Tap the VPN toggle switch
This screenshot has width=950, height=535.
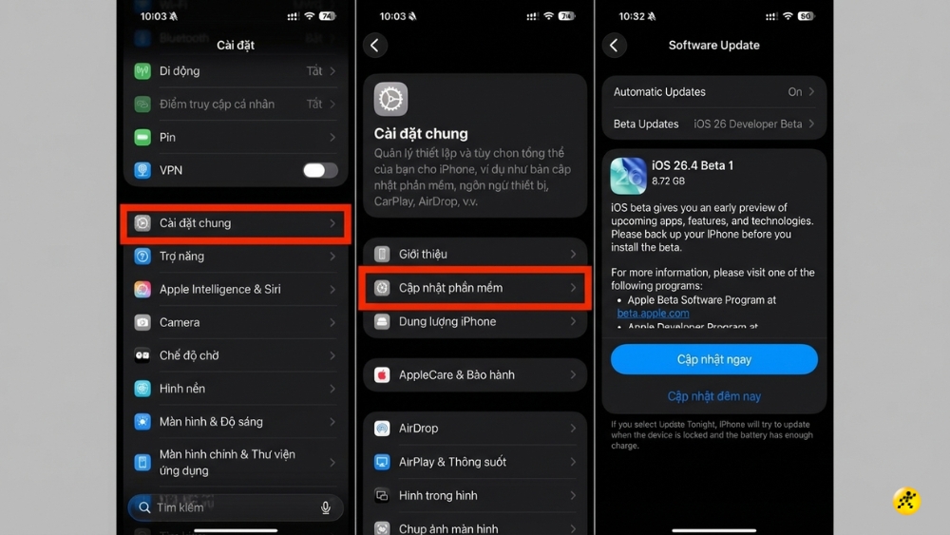pyautogui.click(x=320, y=170)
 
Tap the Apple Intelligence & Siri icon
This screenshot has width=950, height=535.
pyautogui.click(x=142, y=289)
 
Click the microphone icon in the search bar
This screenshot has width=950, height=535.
pyautogui.click(x=326, y=507)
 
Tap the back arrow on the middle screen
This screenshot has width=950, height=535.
pyautogui.click(x=375, y=45)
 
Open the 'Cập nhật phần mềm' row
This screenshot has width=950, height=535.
pyautogui.click(x=475, y=288)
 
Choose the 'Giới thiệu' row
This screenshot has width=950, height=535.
pyautogui.click(x=475, y=254)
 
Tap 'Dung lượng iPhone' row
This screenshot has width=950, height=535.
pyautogui.click(x=475, y=322)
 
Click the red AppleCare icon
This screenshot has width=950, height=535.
pyautogui.click(x=382, y=375)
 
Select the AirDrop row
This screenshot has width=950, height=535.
pyautogui.click(x=475, y=429)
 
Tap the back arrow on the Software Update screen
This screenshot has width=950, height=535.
pyautogui.click(x=615, y=45)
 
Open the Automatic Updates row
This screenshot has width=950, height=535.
pyautogui.click(x=713, y=92)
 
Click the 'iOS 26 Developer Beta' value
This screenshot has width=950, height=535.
pyautogui.click(x=747, y=124)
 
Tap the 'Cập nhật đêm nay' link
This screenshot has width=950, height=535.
pyautogui.click(x=713, y=396)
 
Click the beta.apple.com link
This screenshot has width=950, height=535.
pyautogui.click(x=653, y=313)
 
